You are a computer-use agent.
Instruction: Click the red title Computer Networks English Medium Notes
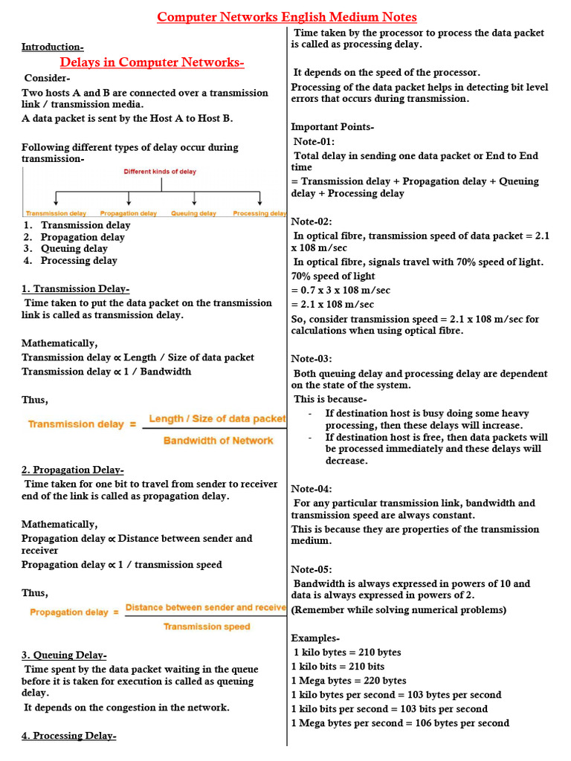286,17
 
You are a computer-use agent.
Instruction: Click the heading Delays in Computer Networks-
152,62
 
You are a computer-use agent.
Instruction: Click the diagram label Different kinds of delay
160,172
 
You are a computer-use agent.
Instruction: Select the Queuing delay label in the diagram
193,213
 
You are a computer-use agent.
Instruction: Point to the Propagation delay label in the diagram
129,213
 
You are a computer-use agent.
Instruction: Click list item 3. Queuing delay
74,249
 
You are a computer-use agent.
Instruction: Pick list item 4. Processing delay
78,261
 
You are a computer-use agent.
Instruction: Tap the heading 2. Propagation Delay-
72,470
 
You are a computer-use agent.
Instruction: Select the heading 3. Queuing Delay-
64,655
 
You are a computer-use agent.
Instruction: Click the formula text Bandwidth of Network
218,441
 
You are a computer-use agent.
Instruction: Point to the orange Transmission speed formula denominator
207,626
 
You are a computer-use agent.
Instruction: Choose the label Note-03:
312,359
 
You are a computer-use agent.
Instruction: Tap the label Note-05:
312,569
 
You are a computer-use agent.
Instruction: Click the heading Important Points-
332,127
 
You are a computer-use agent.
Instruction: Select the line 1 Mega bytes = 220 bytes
349,681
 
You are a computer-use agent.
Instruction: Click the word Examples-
315,638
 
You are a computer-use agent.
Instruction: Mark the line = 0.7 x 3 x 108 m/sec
341,291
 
